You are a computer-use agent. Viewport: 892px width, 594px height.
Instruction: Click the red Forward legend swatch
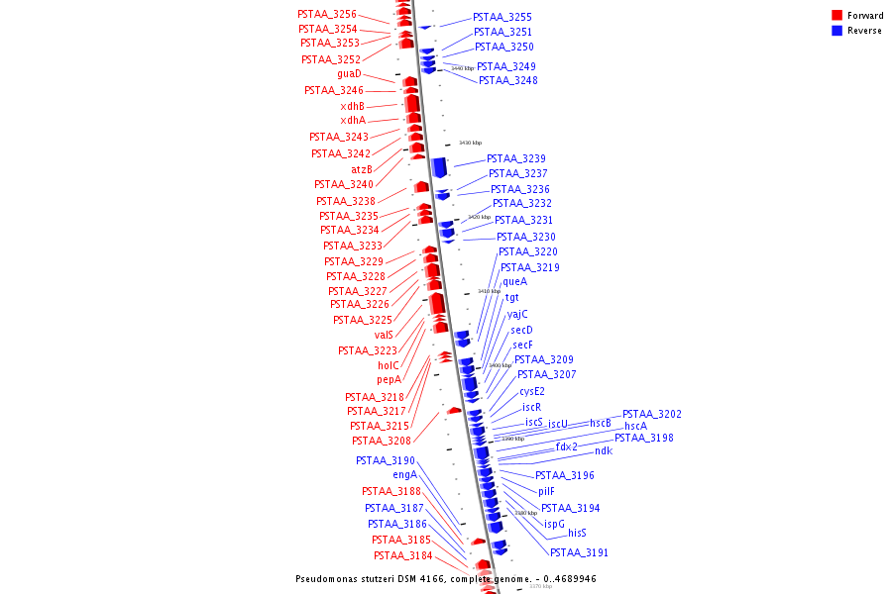click(836, 15)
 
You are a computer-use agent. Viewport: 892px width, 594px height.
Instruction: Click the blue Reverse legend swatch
click(836, 31)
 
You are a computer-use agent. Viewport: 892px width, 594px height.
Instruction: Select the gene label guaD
click(349, 74)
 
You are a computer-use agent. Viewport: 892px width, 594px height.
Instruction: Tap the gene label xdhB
click(352, 106)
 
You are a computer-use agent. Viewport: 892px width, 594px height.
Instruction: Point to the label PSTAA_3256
click(327, 15)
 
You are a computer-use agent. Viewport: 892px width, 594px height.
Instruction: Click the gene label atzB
click(361, 168)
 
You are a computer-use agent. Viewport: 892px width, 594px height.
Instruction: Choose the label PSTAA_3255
click(502, 18)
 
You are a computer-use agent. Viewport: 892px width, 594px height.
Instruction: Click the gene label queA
click(514, 282)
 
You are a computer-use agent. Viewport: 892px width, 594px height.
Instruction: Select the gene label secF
click(522, 345)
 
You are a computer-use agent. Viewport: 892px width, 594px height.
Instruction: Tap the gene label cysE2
click(532, 391)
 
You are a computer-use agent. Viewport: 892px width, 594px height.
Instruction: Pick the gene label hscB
click(601, 423)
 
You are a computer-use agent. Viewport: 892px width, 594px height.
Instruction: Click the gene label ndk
click(604, 451)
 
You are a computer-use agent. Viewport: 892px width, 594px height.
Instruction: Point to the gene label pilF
click(546, 491)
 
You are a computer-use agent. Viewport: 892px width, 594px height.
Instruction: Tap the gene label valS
click(384, 335)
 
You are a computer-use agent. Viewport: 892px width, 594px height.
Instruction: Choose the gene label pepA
click(389, 379)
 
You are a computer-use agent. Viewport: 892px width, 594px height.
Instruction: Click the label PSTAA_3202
click(651, 414)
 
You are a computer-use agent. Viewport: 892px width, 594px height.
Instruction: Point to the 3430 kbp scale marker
click(470, 144)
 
